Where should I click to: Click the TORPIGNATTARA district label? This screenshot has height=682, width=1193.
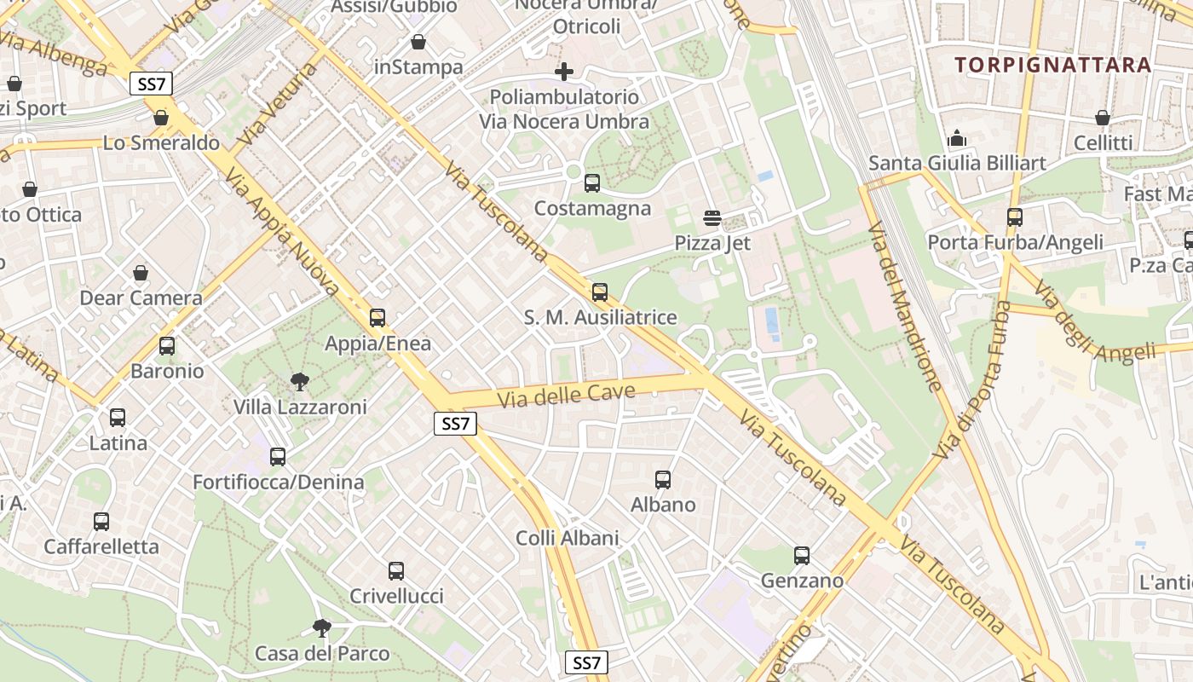1052,65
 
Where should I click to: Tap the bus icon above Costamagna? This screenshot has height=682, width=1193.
591,182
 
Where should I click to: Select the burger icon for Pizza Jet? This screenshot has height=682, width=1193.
712,218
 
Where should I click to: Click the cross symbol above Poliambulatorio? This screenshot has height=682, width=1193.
563,72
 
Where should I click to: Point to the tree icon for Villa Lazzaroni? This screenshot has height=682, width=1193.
299,381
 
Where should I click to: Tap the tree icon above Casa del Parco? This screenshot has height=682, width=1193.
321,628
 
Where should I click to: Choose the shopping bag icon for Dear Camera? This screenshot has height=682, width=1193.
141,273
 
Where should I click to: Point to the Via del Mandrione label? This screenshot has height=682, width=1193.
904,307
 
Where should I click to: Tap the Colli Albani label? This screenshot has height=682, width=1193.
567,538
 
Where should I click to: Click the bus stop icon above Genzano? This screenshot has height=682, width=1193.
801,556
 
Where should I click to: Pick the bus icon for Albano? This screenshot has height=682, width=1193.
662,480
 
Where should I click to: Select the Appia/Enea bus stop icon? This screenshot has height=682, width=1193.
377,318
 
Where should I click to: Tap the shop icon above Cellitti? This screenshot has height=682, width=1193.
1103,118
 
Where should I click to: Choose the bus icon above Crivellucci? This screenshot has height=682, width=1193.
395,571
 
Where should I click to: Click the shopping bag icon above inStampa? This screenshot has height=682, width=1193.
418,42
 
